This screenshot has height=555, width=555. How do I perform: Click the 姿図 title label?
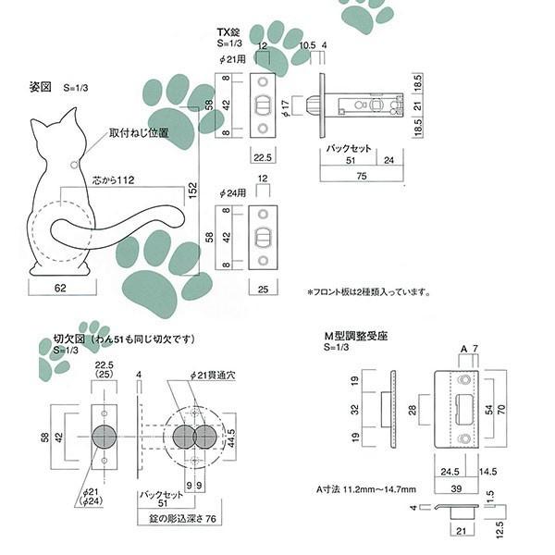tap(41, 89)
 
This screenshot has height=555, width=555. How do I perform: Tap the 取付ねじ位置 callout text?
tap(139, 133)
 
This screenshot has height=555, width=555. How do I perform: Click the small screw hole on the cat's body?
tap(73, 164)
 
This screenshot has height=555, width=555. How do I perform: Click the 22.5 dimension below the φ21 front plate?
tap(263, 156)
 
